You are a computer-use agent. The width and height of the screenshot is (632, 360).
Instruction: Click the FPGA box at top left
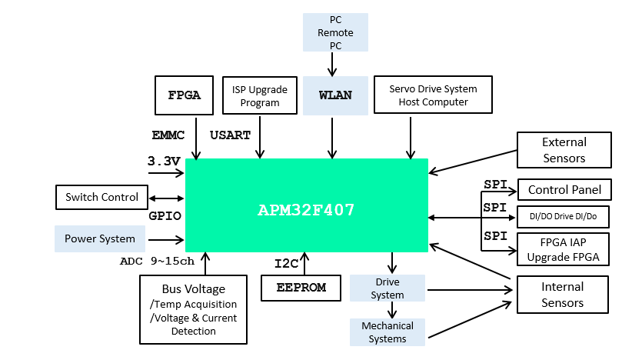pos(184,95)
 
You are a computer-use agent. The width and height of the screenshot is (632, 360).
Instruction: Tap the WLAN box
pos(335,95)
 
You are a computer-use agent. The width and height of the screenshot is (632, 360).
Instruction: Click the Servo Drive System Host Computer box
pos(433,95)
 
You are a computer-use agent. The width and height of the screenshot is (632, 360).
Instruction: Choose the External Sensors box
pos(564,150)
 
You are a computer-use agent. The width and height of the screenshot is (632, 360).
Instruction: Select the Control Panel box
pos(564,189)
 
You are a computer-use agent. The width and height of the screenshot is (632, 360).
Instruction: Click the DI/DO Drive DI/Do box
pos(564,217)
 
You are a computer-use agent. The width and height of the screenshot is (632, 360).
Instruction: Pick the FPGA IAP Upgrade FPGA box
pos(564,249)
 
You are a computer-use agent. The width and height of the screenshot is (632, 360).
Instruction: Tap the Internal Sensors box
pos(562,295)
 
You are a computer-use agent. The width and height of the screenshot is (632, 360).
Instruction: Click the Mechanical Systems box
pos(387,332)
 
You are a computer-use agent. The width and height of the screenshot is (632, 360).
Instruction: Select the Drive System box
pos(387,288)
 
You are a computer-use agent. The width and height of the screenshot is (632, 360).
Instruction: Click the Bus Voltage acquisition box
pos(194,309)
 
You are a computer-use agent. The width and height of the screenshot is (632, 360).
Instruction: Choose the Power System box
pos(100,238)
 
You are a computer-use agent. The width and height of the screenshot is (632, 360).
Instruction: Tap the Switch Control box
pos(101,197)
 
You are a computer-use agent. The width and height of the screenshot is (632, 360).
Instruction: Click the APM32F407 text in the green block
pos(306,209)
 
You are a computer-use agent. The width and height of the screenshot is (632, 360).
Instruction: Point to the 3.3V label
pos(164,162)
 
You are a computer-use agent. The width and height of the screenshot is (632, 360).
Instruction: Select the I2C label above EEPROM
pos(286,264)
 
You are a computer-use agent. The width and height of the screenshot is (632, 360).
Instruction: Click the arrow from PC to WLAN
pos(332,64)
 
